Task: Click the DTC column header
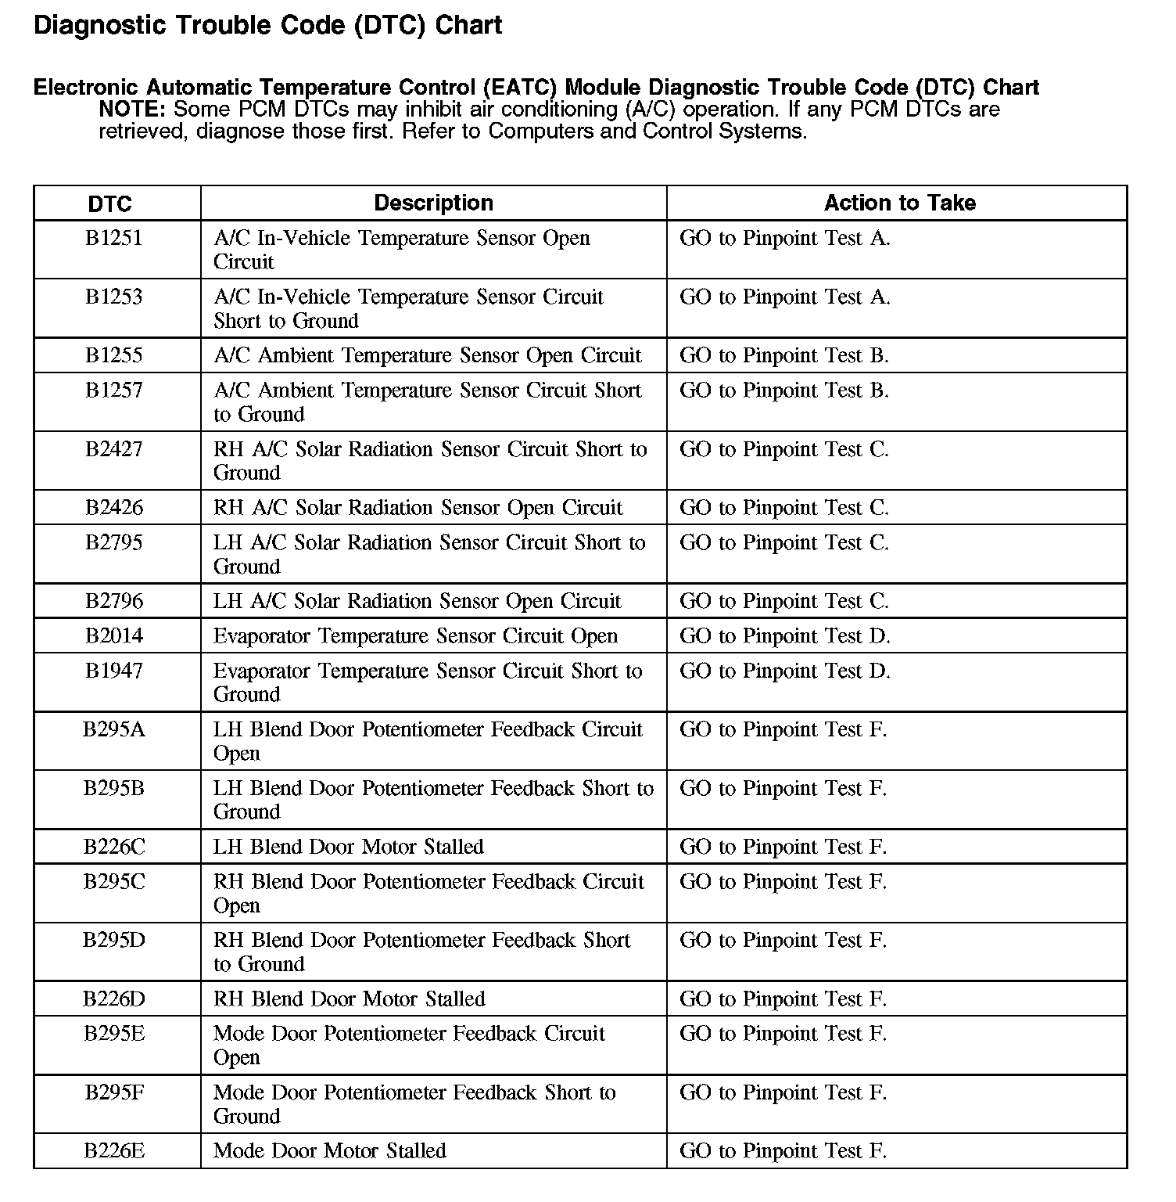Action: pyautogui.click(x=110, y=204)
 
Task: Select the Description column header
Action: pyautogui.click(x=433, y=203)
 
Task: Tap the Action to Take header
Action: pyautogui.click(x=899, y=203)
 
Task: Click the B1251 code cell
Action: pyautogui.click(x=114, y=238)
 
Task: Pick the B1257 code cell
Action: pyautogui.click(x=114, y=390)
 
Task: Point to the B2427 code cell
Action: pyautogui.click(x=114, y=449)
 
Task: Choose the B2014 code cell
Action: pyautogui.click(x=114, y=635)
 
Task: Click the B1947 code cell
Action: pyautogui.click(x=114, y=671)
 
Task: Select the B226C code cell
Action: pyautogui.click(x=114, y=847)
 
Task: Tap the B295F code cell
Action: pyautogui.click(x=114, y=1092)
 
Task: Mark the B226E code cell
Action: pyautogui.click(x=114, y=1151)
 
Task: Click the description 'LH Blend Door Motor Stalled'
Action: pyautogui.click(x=349, y=847)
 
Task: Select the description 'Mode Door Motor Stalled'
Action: pyautogui.click(x=330, y=1151)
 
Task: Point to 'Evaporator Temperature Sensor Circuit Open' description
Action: pyautogui.click(x=415, y=635)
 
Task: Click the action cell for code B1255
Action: pyautogui.click(x=784, y=355)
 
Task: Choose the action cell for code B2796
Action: pyautogui.click(x=784, y=601)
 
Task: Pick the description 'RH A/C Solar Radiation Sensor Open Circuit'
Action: pyautogui.click(x=418, y=508)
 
